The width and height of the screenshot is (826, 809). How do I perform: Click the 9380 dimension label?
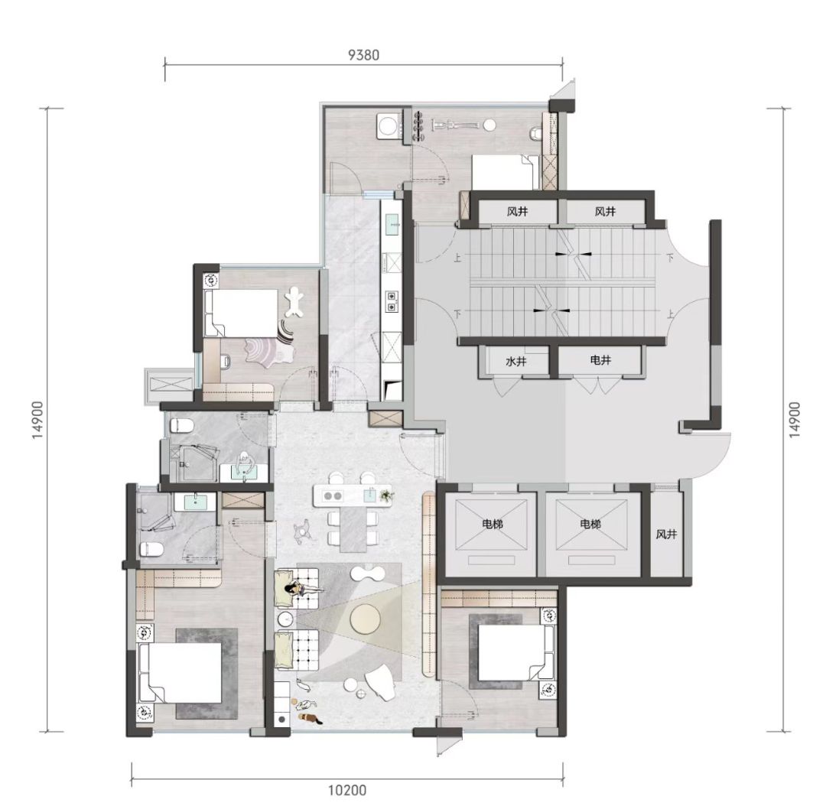(363, 55)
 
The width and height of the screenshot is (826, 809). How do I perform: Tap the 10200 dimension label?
(347, 790)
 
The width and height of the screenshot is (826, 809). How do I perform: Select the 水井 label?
(515, 362)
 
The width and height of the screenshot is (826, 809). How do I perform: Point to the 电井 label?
(600, 360)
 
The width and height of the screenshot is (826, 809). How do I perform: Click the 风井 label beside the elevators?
(666, 534)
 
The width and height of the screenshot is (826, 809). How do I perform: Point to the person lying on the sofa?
(303, 590)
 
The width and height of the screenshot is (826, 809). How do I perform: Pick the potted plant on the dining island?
(387, 495)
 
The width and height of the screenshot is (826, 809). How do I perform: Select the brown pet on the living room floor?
(309, 718)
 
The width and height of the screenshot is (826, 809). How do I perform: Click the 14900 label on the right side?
(795, 419)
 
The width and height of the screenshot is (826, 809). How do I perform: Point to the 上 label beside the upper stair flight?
(457, 258)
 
